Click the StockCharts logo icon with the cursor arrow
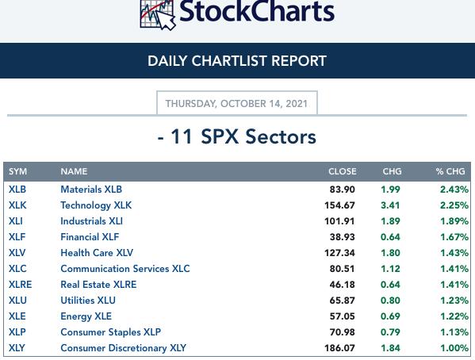pyautogui.click(x=158, y=14)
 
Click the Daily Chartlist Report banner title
pyautogui.click(x=237, y=61)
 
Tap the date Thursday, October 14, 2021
pyautogui.click(x=236, y=104)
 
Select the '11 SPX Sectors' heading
pyautogui.click(x=237, y=136)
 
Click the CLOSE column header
pyautogui.click(x=343, y=171)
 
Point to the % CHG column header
pyautogui.click(x=450, y=171)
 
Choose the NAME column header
pyautogui.click(x=74, y=171)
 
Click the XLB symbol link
pyautogui.click(x=17, y=190)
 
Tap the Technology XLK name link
pyautogui.click(x=96, y=205)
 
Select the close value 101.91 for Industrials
pyautogui.click(x=339, y=221)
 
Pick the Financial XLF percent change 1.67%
pyautogui.click(x=454, y=237)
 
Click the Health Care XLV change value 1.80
pyautogui.click(x=390, y=253)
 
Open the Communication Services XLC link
pyautogui.click(x=125, y=269)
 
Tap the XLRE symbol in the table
pyautogui.click(x=21, y=285)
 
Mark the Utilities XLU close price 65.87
pyautogui.click(x=343, y=301)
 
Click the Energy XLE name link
pyautogui.click(x=86, y=316)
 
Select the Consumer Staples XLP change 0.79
pyautogui.click(x=390, y=332)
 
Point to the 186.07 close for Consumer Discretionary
pyautogui.click(x=339, y=348)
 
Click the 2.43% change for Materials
pyautogui.click(x=454, y=190)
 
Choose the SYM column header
pyautogui.click(x=18, y=171)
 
